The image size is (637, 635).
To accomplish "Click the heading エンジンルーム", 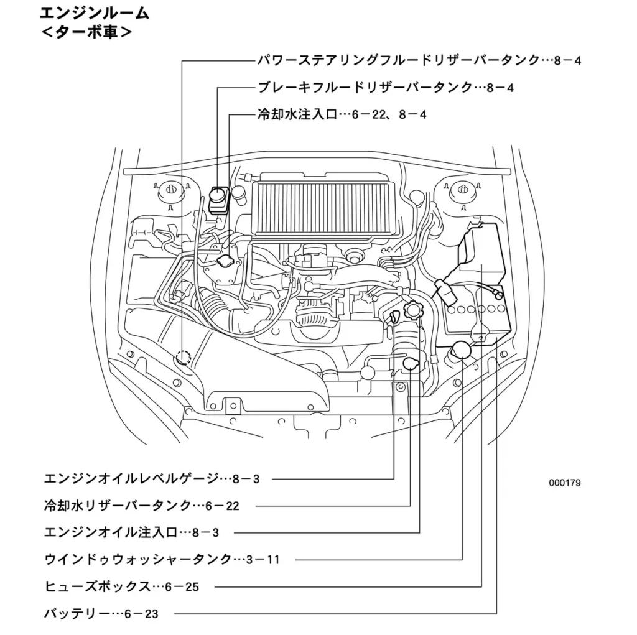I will point(94,13).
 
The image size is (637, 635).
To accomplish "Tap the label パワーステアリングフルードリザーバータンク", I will point(398,60).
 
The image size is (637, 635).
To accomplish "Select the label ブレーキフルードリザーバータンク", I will point(365,88).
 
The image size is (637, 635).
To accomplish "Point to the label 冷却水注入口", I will point(296,114).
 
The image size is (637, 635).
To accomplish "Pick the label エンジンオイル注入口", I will point(111,532).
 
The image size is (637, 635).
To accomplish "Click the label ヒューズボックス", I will point(97,586).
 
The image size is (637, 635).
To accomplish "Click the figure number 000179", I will point(564,483).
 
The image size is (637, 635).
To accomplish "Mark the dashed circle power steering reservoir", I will point(183,358).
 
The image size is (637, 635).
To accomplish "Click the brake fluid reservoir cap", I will point(218,194).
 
